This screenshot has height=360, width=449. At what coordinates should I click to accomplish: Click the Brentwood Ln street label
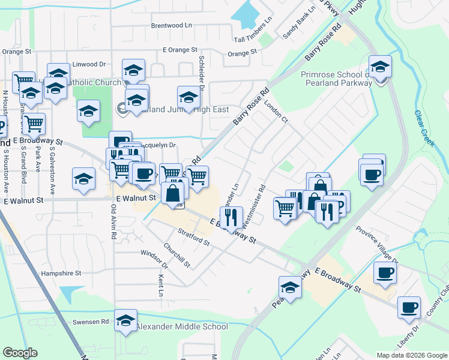click(171, 26)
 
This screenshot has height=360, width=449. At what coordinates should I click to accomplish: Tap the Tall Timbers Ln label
click(253, 38)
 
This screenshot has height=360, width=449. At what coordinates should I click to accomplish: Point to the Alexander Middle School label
click(182, 327)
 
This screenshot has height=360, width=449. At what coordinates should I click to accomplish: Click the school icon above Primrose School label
click(380, 68)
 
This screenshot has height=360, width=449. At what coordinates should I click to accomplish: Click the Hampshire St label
click(61, 273)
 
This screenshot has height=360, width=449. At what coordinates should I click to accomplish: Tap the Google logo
click(20, 353)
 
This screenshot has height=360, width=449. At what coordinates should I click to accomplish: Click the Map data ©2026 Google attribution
click(411, 355)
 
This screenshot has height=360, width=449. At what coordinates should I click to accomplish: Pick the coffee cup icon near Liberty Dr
click(409, 308)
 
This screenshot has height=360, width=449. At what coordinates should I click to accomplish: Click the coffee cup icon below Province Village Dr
click(385, 274)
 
